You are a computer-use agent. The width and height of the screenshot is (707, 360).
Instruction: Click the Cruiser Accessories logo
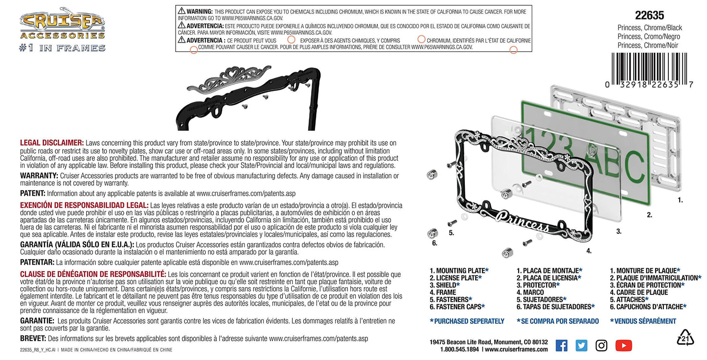pos(62,30)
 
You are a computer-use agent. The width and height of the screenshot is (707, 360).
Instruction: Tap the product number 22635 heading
pos(650,15)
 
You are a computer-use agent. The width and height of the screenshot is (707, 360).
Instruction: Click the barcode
pos(649,70)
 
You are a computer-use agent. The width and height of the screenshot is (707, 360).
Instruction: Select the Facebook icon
pos(561,345)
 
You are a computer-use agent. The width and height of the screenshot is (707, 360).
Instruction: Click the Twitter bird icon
pos(581,345)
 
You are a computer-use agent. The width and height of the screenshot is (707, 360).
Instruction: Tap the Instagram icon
pos(601,345)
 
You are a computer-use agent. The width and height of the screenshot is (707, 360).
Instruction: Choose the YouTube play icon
pos(624,345)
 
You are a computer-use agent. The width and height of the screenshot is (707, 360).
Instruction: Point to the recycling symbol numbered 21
pos(685,338)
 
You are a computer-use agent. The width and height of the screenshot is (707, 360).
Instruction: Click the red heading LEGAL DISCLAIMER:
pos(52,143)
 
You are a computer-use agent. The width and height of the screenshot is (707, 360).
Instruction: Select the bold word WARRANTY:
pos(39,176)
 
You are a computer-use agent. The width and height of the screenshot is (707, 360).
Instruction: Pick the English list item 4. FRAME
pos(443,292)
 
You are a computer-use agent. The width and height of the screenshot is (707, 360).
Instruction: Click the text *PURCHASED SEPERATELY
pos(467,321)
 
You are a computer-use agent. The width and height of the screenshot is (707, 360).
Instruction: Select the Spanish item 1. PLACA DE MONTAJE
pos(549,270)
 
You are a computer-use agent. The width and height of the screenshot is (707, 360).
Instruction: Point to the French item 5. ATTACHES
pos(629,300)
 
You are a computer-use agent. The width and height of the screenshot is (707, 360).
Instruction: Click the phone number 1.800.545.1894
pos(459,350)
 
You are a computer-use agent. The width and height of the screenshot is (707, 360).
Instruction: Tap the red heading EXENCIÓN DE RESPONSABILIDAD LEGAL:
pos(84,205)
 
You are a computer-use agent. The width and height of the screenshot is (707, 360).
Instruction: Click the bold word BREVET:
pos(33,338)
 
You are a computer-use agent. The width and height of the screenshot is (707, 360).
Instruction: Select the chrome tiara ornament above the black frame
pos(228,79)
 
